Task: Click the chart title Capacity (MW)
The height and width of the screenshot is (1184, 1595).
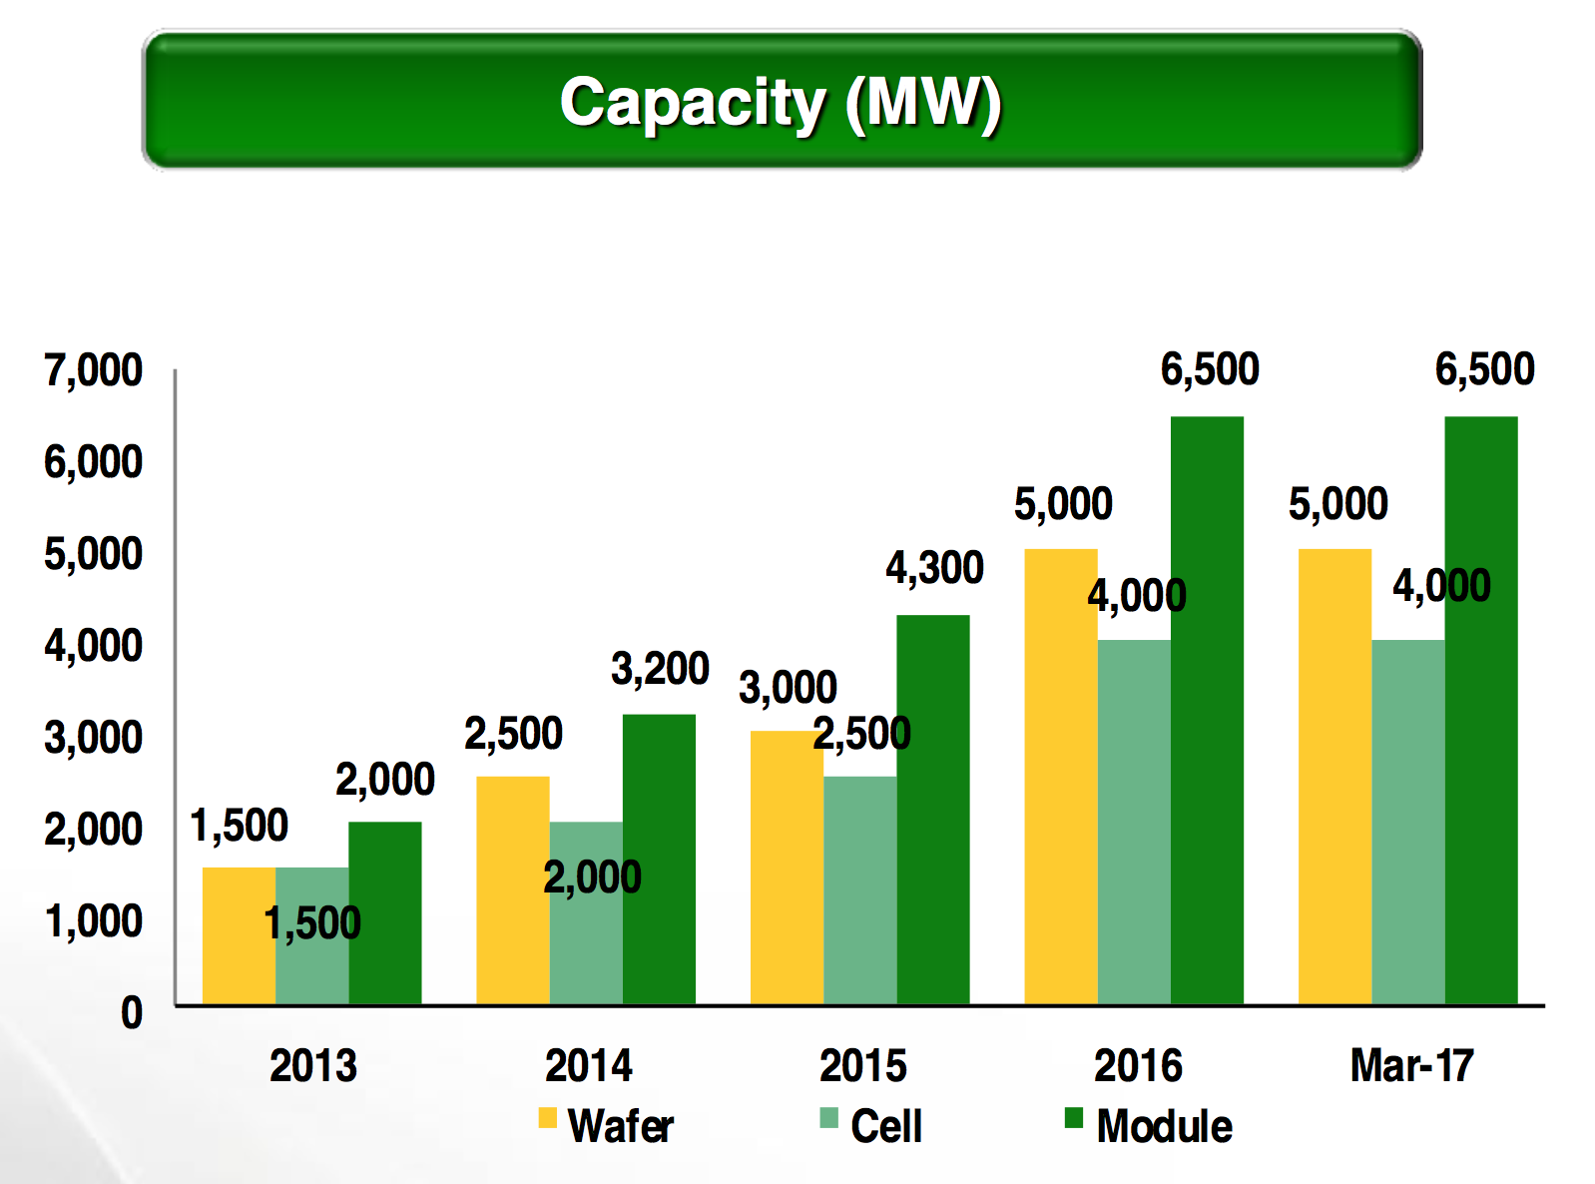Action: tap(781, 102)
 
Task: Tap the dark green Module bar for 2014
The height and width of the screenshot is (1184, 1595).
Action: tap(659, 859)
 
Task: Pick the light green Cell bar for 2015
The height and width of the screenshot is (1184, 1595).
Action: tap(859, 889)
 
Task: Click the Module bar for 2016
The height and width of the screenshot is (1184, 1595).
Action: tap(1207, 710)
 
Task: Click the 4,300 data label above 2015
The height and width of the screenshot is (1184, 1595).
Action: tap(934, 568)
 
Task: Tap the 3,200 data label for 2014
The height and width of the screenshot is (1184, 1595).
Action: tap(660, 669)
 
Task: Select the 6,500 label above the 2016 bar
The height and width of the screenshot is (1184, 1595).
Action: tap(1210, 370)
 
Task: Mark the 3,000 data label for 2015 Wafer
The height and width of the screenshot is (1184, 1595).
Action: tap(788, 688)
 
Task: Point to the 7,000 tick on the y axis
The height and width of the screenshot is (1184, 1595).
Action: tap(93, 370)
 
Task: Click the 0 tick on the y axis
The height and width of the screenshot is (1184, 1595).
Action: tap(132, 1013)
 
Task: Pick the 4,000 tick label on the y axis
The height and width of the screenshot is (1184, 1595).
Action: tap(93, 646)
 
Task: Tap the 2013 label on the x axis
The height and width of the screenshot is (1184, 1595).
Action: tap(312, 1065)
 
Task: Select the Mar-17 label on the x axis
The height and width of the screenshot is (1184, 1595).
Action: tap(1411, 1065)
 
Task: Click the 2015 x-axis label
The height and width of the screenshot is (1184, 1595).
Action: tap(862, 1065)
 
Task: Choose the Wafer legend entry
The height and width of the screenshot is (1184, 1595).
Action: tap(606, 1126)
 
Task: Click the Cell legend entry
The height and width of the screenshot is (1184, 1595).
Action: tap(871, 1126)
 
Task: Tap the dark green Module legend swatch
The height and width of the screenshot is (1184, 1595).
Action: tap(1074, 1118)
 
